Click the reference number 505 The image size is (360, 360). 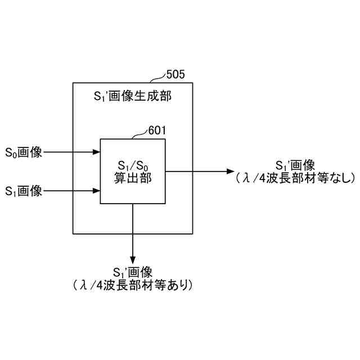(x=175, y=74)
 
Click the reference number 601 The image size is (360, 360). (x=157, y=130)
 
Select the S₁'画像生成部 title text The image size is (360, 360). (x=132, y=97)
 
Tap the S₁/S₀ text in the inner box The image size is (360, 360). (x=132, y=166)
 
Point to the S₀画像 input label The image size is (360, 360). (x=24, y=152)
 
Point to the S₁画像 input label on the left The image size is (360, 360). (x=24, y=191)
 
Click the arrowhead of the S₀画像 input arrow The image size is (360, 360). (x=96, y=152)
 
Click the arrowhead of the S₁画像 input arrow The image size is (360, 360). (x=96, y=191)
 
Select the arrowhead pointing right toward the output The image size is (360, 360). (x=231, y=171)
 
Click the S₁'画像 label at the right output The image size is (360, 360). (x=295, y=166)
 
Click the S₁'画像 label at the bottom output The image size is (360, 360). (x=133, y=273)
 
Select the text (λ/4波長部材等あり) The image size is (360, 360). (x=133, y=286)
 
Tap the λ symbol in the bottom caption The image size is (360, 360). (x=82, y=286)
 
